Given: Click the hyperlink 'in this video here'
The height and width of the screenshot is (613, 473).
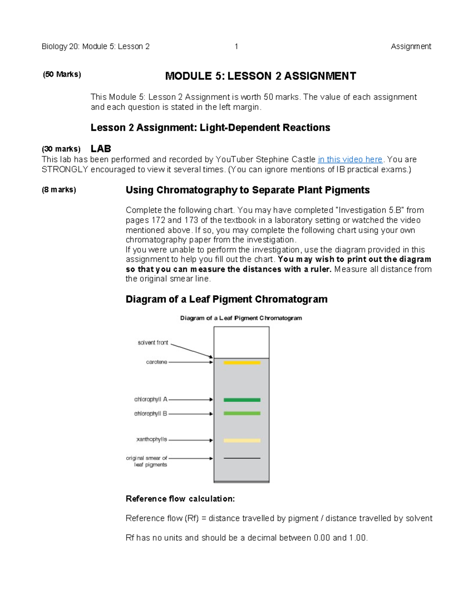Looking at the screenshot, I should pyautogui.click(x=350, y=159).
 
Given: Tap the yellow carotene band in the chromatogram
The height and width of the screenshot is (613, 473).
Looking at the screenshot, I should pyautogui.click(x=242, y=362).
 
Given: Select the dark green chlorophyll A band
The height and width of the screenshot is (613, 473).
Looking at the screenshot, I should pyautogui.click(x=242, y=400).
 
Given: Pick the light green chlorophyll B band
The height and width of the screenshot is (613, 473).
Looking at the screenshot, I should pyautogui.click(x=242, y=413).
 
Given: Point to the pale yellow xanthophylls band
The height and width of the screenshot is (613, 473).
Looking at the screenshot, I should pyautogui.click(x=242, y=441).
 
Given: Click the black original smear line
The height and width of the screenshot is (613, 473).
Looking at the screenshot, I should pyautogui.click(x=242, y=458).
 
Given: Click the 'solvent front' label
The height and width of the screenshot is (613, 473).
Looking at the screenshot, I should pyautogui.click(x=153, y=343).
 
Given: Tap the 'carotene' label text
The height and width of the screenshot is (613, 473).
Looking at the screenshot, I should pyautogui.click(x=156, y=362).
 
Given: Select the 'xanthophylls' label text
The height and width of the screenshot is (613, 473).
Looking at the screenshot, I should pyautogui.click(x=152, y=439).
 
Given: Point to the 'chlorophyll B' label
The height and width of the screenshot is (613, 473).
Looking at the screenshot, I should pyautogui.click(x=151, y=414).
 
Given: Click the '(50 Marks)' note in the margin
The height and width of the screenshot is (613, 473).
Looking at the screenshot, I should pyautogui.click(x=62, y=74).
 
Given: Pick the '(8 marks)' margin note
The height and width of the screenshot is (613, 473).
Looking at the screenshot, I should pyautogui.click(x=59, y=190).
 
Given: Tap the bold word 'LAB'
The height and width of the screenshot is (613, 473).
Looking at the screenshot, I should pyautogui.click(x=101, y=149).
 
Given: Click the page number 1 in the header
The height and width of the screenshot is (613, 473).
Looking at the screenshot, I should pyautogui.click(x=236, y=47).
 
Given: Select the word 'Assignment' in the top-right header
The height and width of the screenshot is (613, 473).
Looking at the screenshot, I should pyautogui.click(x=411, y=47).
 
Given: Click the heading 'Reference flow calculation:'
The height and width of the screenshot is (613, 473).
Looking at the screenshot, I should pyautogui.click(x=180, y=499).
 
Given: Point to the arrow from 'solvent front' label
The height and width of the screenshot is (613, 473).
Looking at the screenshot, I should pyautogui.click(x=192, y=351).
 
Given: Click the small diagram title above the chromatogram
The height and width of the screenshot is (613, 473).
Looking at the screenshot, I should pyautogui.click(x=241, y=318).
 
